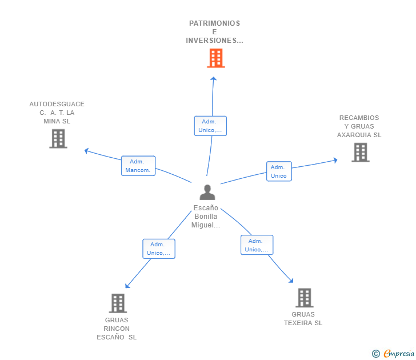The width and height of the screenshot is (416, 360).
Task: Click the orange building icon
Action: pos(215,58)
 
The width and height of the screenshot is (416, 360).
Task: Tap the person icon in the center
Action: pos(207,193)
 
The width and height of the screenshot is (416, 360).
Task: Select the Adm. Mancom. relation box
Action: pos(138,166)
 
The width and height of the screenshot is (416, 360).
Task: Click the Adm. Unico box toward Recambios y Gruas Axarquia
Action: pos(279,171)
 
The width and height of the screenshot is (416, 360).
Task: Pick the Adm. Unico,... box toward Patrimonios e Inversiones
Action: pos(210,126)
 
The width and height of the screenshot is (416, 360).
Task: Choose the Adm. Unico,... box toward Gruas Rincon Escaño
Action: pos(159,249)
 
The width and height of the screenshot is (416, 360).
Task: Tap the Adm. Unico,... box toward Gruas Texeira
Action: pos(257,245)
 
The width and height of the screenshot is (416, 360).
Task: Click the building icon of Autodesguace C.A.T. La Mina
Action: pos(58,139)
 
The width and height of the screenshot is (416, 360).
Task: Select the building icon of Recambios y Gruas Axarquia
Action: pos(361,153)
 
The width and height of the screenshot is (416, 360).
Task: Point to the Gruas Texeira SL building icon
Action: pos(305,298)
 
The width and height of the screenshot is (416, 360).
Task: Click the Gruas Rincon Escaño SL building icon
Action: pos(118,303)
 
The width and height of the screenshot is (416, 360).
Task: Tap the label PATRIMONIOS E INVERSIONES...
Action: pos(214,32)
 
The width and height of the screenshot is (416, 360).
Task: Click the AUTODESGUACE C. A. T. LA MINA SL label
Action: pos(57,113)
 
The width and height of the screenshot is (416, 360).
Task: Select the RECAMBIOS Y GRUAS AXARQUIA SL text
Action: pos(359,126)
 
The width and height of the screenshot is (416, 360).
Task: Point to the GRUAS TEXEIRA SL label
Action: pos(303,319)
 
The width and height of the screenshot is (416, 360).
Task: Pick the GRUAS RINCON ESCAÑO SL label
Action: pos(117,329)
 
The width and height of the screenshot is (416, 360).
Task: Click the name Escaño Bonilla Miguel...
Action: pos(206,216)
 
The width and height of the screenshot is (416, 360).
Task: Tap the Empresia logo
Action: pos(393,353)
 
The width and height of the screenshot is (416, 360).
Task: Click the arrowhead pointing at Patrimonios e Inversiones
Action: pos(213,78)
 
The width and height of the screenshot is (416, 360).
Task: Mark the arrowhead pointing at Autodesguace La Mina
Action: pos(86,151)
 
